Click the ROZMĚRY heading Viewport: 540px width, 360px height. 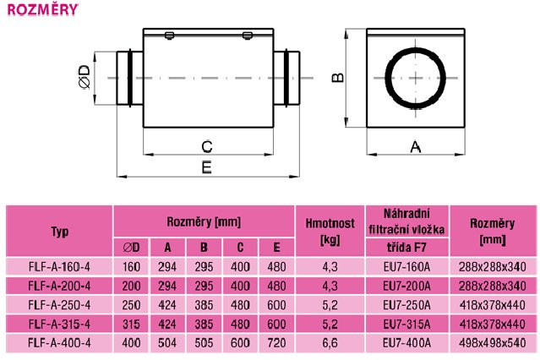pyautogui.click(x=43, y=9)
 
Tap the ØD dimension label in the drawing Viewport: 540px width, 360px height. pyautogui.click(x=85, y=77)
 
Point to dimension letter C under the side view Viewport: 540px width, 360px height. pyautogui.click(x=207, y=147)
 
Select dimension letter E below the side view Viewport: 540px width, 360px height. pyautogui.click(x=206, y=168)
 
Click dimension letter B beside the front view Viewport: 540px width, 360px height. pyautogui.click(x=337, y=78)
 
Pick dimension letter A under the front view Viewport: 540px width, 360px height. pyautogui.click(x=416, y=147)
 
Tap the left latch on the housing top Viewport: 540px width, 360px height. pyautogui.click(x=169, y=35)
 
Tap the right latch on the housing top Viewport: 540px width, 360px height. pyautogui.click(x=248, y=35)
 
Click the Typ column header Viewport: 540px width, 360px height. pyautogui.click(x=60, y=232)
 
